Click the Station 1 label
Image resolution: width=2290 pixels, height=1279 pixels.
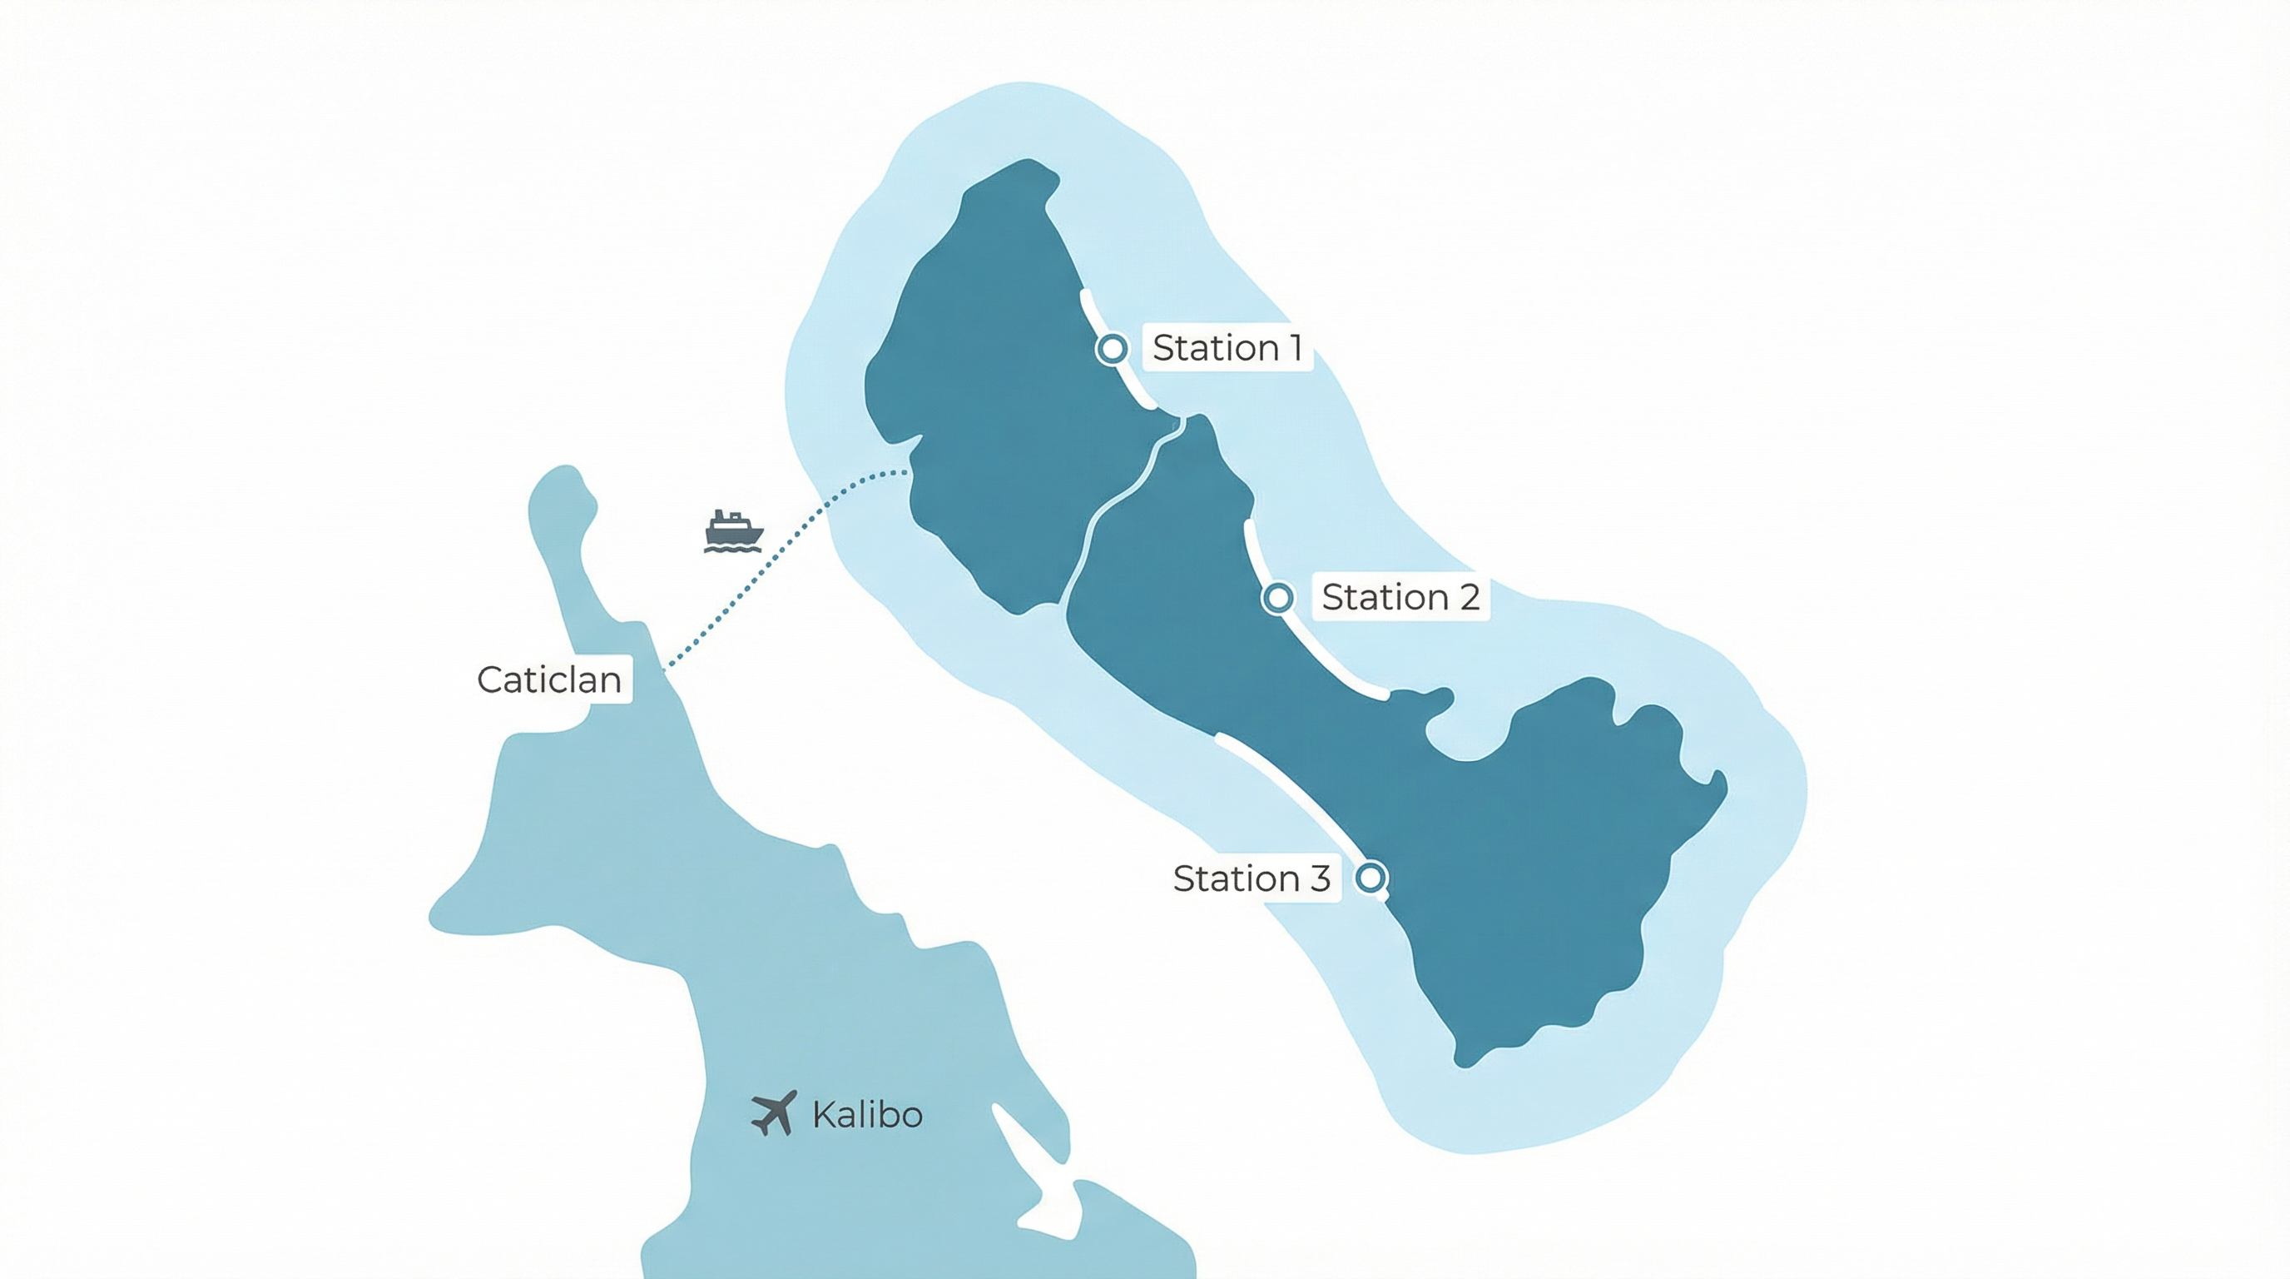coord(1227,348)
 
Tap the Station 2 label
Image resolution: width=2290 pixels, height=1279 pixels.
coord(1400,597)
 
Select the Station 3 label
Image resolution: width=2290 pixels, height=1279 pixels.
coord(1252,878)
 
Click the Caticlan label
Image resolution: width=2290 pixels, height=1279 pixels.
coord(549,680)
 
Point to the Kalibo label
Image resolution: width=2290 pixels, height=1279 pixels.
coord(867,1115)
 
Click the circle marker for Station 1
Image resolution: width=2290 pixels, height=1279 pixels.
coord(1111,349)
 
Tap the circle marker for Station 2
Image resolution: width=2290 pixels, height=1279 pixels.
coord(1278,598)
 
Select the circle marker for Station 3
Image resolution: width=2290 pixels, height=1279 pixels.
coord(1371,878)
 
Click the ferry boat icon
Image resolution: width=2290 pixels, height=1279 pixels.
coord(732,531)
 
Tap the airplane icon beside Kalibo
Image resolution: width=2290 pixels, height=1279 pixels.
coord(773,1113)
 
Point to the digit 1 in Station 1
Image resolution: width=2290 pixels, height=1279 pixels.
coord(1297,348)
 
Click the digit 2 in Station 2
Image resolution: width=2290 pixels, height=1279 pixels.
coord(1469,597)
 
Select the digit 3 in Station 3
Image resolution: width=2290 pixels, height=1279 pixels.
coord(1319,878)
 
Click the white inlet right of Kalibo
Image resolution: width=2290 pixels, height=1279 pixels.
coord(1031,1165)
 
